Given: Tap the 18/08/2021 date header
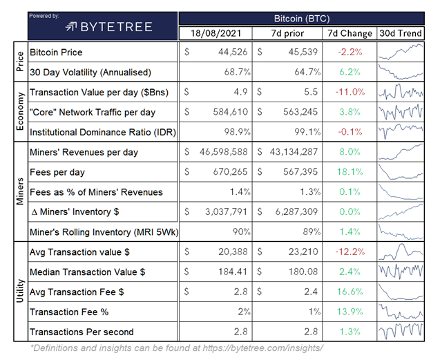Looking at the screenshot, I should coord(216,32).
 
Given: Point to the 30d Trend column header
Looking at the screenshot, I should coord(401,32).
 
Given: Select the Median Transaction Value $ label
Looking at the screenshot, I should coord(88,272).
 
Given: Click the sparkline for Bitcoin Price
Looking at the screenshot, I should coord(401,52).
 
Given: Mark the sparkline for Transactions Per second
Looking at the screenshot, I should coord(401,332).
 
